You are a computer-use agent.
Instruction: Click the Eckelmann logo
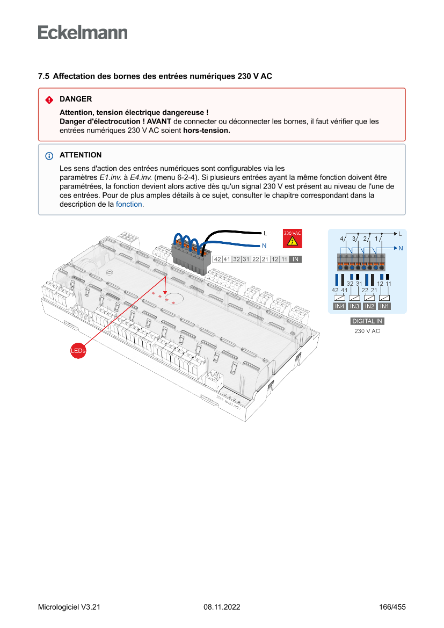(x=83, y=32)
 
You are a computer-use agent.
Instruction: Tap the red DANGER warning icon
(x=49, y=100)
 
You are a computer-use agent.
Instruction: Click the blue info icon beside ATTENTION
(x=49, y=156)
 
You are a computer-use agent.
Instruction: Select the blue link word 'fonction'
(x=129, y=205)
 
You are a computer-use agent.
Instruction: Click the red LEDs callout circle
(x=78, y=351)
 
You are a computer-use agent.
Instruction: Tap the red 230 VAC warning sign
(x=293, y=239)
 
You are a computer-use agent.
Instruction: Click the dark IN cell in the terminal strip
(x=295, y=259)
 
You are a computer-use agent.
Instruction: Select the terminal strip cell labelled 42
(x=217, y=259)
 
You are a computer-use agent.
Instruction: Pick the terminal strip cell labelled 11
(x=283, y=259)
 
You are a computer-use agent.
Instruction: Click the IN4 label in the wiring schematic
(x=339, y=306)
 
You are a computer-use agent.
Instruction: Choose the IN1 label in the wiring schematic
(x=384, y=306)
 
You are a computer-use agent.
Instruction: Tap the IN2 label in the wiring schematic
(x=369, y=306)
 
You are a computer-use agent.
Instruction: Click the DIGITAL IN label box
(x=367, y=321)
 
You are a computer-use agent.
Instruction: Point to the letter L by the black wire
(x=265, y=233)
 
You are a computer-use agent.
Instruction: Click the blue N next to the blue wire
(x=264, y=246)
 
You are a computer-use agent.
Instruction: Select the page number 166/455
(x=392, y=607)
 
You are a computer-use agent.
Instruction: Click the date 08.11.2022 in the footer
(x=222, y=607)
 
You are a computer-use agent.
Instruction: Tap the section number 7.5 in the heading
(x=43, y=76)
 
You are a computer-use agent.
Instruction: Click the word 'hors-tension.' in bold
(x=206, y=130)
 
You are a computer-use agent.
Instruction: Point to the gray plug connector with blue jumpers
(x=189, y=257)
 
